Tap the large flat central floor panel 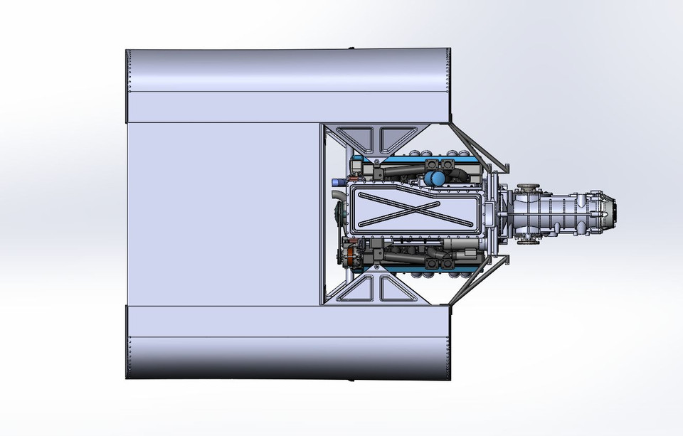pyautogui.click(x=221, y=213)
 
